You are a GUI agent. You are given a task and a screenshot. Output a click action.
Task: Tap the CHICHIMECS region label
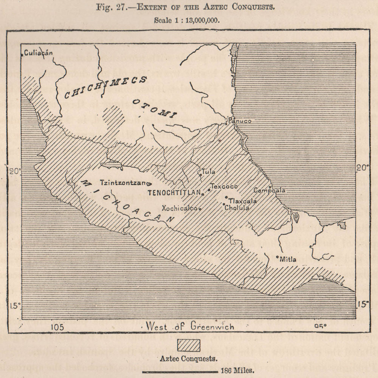tap(105, 88)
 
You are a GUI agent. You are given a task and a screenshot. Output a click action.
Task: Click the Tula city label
tap(209, 172)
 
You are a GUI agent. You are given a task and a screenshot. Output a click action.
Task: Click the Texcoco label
tap(224, 186)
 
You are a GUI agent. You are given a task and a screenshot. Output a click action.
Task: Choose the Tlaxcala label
tap(243, 201)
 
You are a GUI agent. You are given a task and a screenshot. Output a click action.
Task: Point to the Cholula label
tap(237, 208)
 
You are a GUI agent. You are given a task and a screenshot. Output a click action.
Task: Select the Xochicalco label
tap(179, 208)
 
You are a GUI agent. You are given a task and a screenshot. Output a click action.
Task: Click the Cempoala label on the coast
tap(270, 191)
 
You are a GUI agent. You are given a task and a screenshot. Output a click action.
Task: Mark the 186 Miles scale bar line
tap(180, 372)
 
